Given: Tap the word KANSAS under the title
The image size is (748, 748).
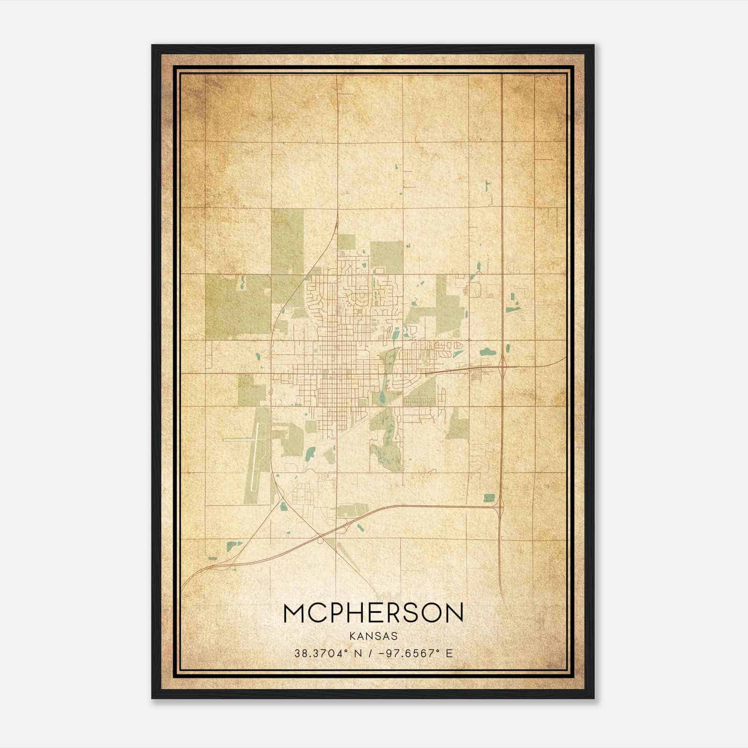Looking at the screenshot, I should click(373, 636).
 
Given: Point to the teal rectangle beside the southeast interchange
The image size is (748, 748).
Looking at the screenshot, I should click(489, 498).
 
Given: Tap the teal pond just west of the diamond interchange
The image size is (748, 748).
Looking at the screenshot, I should click(487, 351).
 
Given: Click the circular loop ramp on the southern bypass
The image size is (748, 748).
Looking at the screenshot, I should click(321, 540).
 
